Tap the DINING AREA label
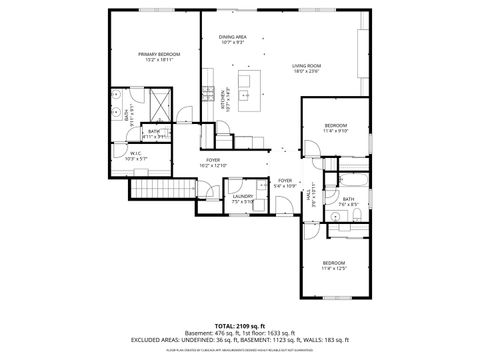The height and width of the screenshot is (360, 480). (233, 37)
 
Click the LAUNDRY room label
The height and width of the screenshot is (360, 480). (243, 196)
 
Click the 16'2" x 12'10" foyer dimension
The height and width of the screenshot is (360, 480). (213, 165)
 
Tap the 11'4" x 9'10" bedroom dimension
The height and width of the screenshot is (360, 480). (335, 130)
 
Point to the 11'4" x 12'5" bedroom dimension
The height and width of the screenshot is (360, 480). (333, 268)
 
